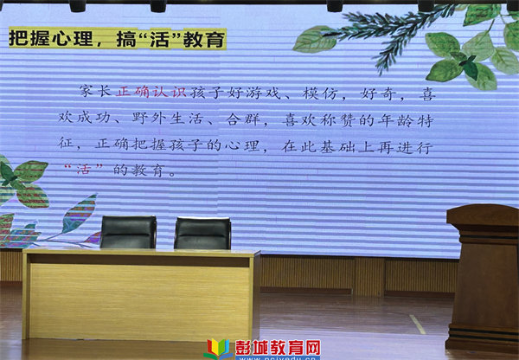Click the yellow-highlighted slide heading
(118, 38)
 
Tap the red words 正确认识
(151, 92)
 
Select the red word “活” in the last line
(83, 170)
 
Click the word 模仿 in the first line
(319, 93)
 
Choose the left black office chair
(128, 232)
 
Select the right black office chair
(202, 233)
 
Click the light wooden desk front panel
(139, 303)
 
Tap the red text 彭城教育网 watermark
(278, 348)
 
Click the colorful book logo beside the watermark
(218, 350)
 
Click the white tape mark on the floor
(417, 325)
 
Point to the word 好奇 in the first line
(377, 94)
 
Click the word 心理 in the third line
(242, 146)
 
